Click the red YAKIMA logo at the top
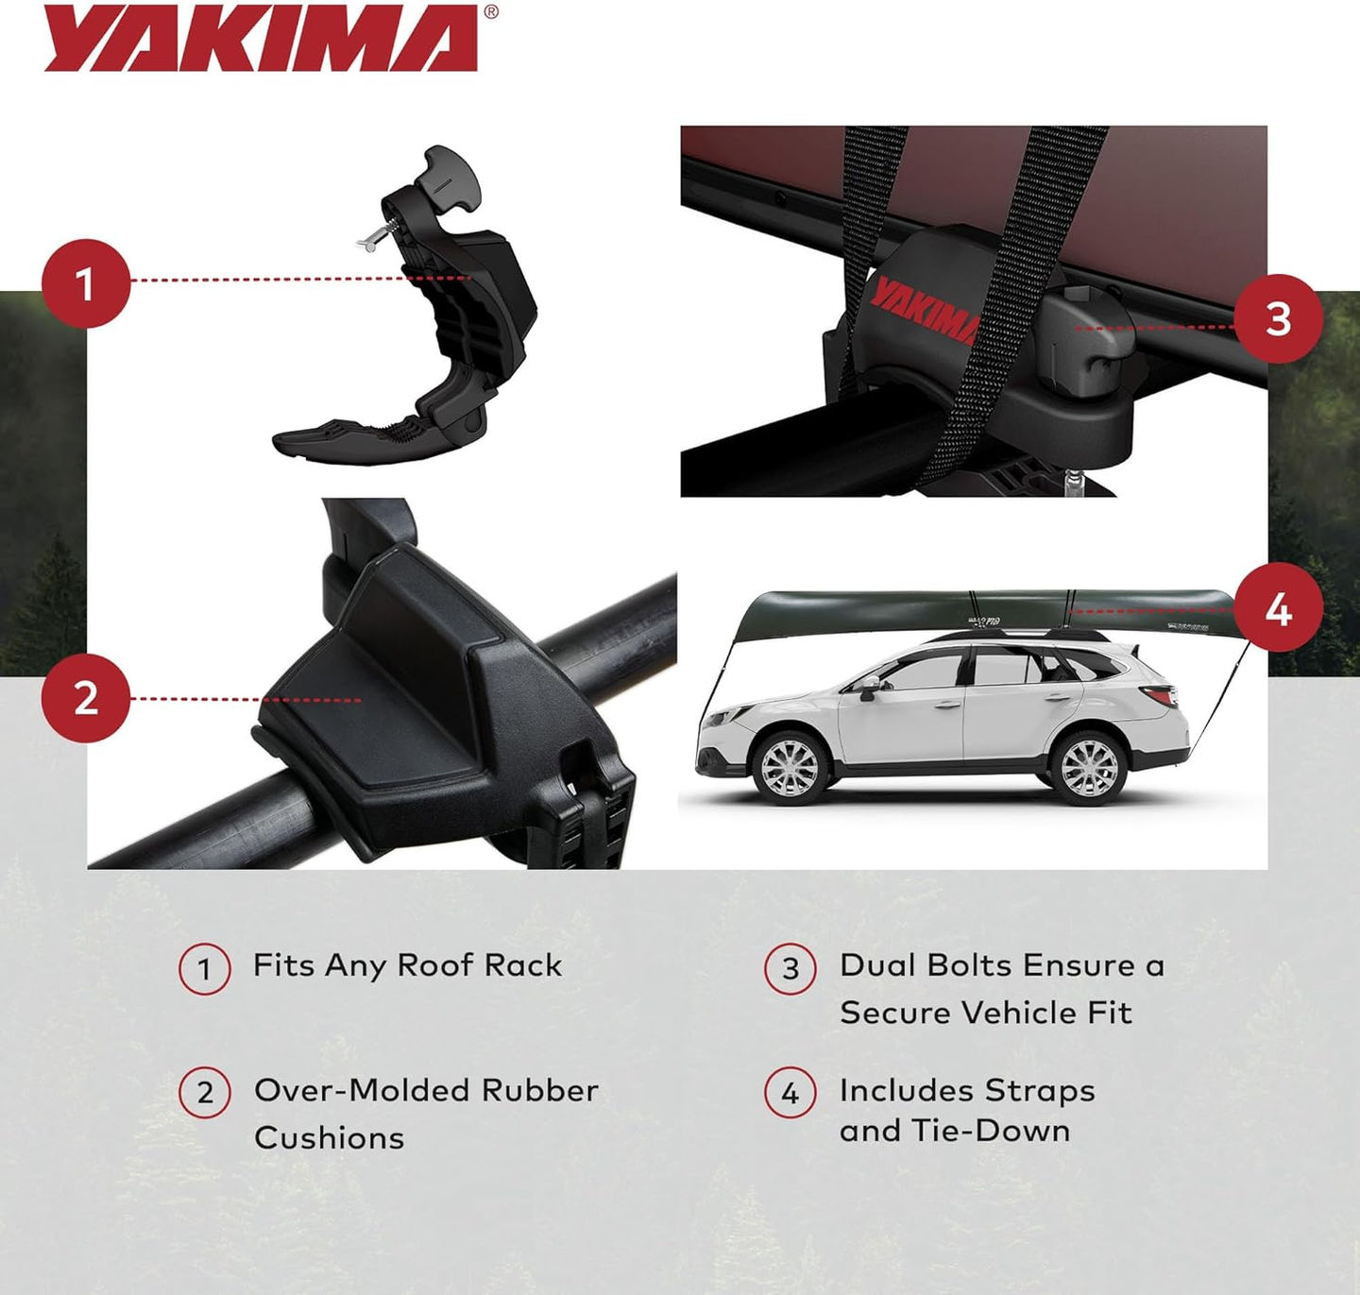coord(261,38)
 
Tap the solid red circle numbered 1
coord(86,283)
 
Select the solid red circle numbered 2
coord(86,698)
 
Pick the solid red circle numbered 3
coord(1277,318)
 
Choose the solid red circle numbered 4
coord(1277,609)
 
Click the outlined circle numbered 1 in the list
coord(204,969)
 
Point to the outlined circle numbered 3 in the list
coord(790,969)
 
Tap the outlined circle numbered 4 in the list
coord(790,1094)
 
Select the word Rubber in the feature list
coord(539,1090)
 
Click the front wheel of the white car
coord(790,766)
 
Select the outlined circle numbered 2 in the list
coord(205,1094)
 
